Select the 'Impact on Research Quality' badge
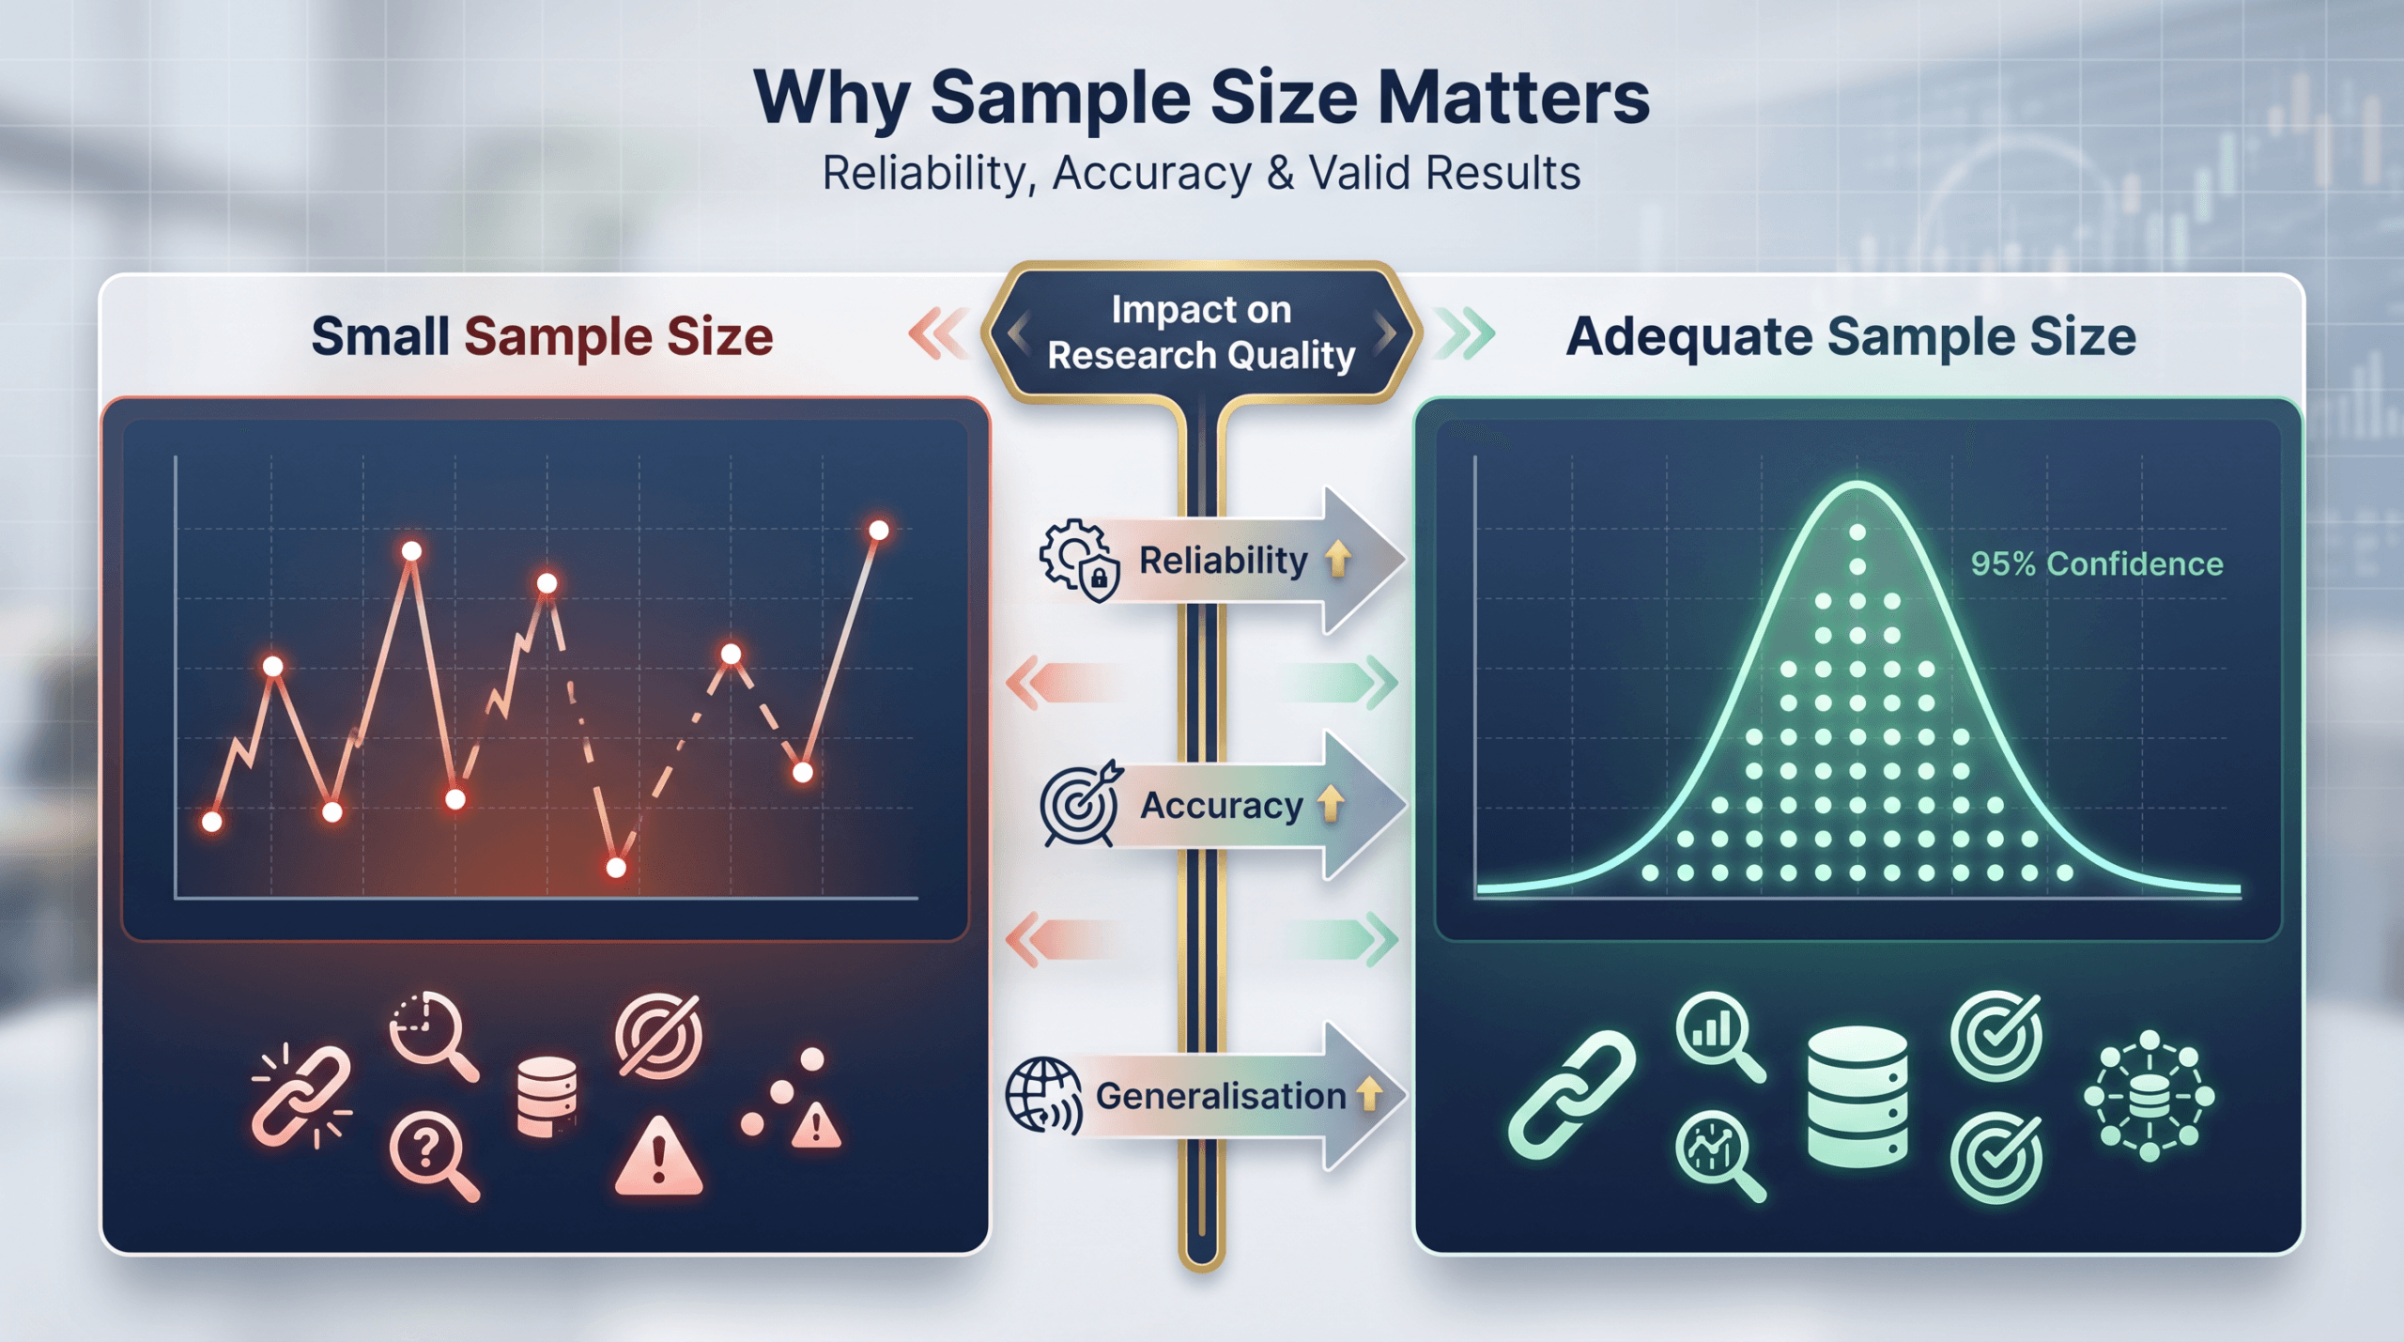point(1201,332)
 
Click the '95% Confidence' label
point(2096,563)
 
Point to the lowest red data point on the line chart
point(616,867)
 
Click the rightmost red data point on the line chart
point(878,531)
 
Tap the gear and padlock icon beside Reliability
point(1079,560)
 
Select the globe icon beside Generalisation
point(1042,1095)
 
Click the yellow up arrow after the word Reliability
point(1338,559)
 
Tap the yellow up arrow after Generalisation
point(1369,1094)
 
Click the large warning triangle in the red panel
point(657,1157)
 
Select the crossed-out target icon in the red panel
point(658,1036)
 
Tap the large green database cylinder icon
point(1857,1096)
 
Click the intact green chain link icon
point(1571,1095)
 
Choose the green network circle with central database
point(2149,1096)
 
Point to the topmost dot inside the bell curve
point(1857,532)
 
